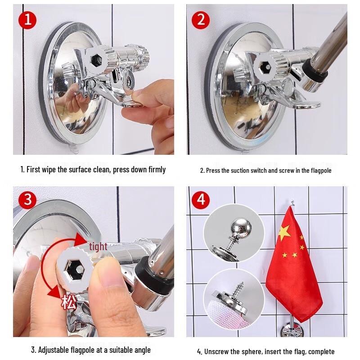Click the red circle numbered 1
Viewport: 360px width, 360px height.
coord(27,20)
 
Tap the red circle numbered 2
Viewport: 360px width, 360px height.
coord(201,20)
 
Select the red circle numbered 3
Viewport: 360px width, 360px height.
coord(27,199)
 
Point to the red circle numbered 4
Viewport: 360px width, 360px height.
coord(201,199)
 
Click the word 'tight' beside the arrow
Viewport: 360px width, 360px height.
coord(98,247)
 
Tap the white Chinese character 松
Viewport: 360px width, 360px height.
coord(69,301)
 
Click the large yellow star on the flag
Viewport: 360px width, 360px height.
coord(285,233)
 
